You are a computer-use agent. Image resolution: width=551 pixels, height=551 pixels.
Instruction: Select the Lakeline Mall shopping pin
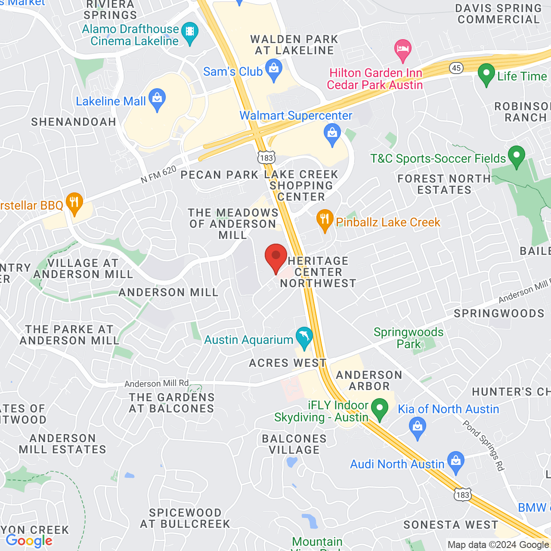tap(157, 99)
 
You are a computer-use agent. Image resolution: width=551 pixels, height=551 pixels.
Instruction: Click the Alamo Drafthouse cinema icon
tap(190, 33)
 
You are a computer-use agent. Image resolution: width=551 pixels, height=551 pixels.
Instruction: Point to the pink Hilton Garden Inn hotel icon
tap(402, 50)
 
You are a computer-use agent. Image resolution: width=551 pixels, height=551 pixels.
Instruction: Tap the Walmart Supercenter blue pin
tap(332, 134)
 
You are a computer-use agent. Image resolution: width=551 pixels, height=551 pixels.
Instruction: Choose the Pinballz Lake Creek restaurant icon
tap(325, 220)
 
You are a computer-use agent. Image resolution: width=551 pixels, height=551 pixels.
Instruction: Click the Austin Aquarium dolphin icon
tap(304, 337)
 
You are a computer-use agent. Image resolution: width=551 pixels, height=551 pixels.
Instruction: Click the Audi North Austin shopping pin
tap(456, 462)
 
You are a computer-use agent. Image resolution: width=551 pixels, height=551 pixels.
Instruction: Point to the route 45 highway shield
tap(456, 68)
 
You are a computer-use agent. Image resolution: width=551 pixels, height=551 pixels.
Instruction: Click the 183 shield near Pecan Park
tap(266, 158)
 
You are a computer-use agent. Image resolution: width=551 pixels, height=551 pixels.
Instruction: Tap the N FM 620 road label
tap(159, 174)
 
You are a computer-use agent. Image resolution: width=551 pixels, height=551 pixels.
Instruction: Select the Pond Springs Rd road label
tap(483, 446)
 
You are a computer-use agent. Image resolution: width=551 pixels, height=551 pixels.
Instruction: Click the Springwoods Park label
tap(408, 338)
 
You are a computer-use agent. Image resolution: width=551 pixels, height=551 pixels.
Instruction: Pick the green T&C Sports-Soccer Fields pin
tap(517, 156)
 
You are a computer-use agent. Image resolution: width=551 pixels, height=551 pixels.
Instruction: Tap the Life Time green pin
tap(486, 74)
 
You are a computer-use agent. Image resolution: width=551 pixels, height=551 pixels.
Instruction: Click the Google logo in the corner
tap(29, 541)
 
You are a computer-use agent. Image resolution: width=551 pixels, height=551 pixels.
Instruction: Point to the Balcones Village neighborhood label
tap(294, 444)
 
